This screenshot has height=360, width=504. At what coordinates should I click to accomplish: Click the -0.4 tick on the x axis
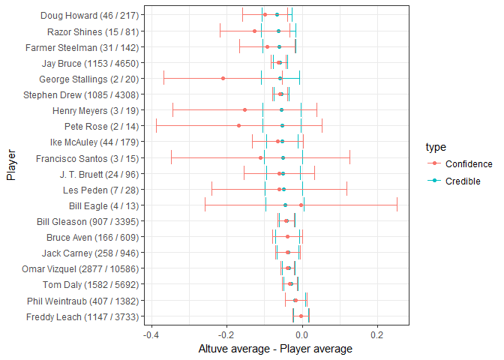point(151,334)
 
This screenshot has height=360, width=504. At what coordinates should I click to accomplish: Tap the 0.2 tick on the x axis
point(377,334)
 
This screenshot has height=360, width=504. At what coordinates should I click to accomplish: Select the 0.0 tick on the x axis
point(302,334)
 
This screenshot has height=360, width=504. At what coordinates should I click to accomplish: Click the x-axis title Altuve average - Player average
point(274,349)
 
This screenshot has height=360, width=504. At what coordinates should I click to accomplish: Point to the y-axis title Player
point(11,166)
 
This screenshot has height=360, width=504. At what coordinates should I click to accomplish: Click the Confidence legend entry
point(468,164)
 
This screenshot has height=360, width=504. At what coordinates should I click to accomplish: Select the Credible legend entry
point(462,181)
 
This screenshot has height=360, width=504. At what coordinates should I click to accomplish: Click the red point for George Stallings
point(223,78)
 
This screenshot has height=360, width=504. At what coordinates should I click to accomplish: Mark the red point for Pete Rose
point(238,126)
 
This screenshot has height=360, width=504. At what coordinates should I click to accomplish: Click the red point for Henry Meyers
point(244,109)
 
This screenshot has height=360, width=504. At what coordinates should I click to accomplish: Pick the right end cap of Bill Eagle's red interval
point(397,205)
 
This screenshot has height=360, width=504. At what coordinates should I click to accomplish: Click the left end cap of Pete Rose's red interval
point(156,126)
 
